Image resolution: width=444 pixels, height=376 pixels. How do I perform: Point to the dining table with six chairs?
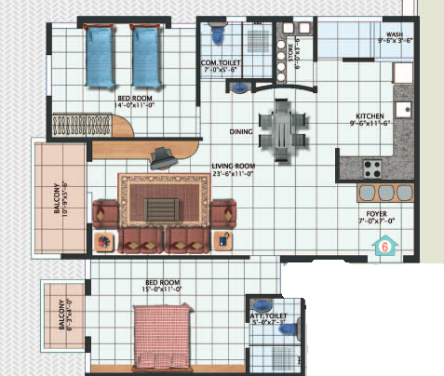click(x=280, y=132)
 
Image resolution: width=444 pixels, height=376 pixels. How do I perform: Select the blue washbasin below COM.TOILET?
click(x=239, y=89)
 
